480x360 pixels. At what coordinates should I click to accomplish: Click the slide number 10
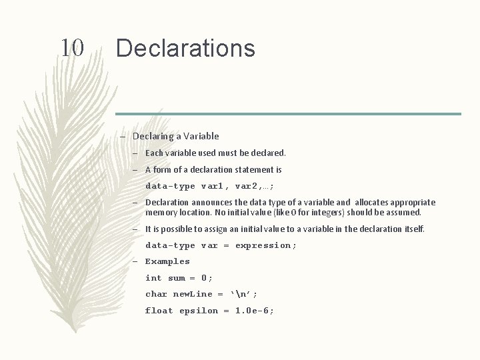[72, 48]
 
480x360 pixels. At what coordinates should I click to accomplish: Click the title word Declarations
[185, 48]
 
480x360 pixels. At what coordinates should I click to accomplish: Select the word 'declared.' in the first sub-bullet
[267, 153]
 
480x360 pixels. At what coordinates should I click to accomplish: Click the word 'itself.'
[413, 229]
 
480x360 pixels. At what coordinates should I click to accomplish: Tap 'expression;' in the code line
[266, 245]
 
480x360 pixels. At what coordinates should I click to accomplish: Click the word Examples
[167, 261]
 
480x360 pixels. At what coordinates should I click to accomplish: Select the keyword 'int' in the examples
[153, 278]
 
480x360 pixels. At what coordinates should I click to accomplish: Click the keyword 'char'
[156, 294]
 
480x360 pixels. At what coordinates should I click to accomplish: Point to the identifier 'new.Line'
[193, 294]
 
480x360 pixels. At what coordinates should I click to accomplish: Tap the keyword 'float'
[159, 311]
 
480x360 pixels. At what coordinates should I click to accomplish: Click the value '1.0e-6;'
[255, 311]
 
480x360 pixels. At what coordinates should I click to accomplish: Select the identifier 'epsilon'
[199, 311]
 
